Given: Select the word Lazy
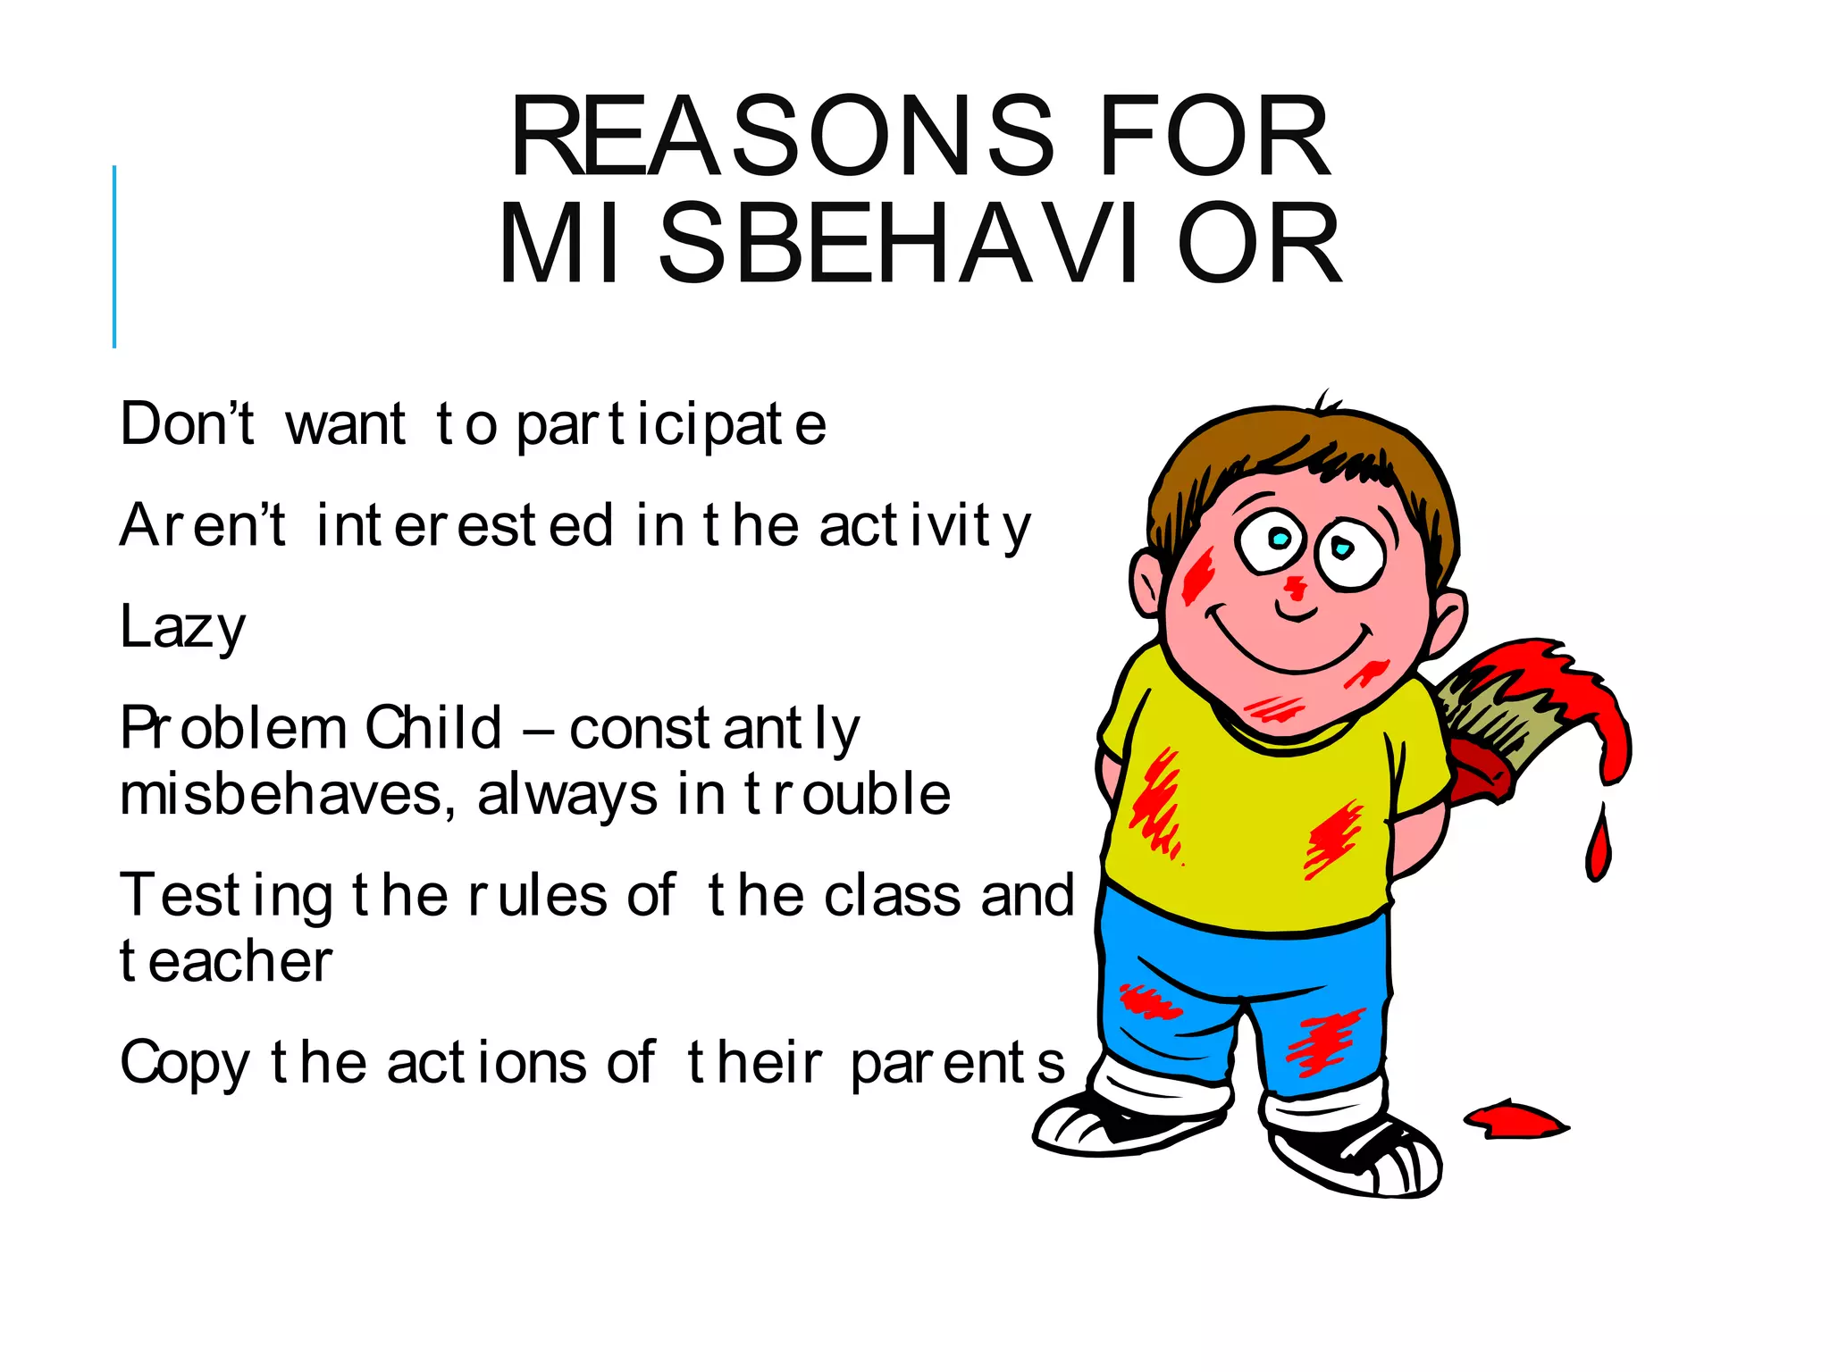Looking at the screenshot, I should tap(182, 627).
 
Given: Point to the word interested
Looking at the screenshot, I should tap(465, 525).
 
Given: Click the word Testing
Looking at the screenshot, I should tap(227, 896).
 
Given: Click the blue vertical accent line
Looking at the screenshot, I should tap(114, 256).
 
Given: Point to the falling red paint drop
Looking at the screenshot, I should tap(1599, 845).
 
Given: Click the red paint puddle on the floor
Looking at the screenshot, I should tap(1515, 1120).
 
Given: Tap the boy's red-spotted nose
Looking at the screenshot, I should tap(1295, 589).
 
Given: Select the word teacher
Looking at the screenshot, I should tap(226, 962).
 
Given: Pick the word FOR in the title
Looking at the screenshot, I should tap(1215, 138).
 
